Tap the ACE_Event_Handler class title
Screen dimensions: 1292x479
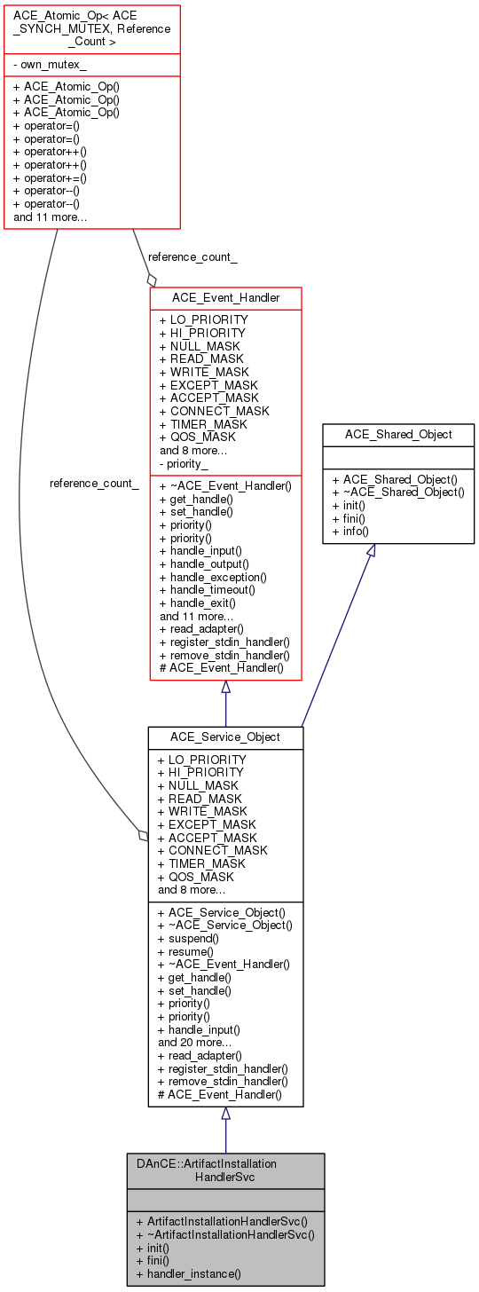pyautogui.click(x=225, y=298)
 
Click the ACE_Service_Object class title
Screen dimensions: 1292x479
pyautogui.click(x=225, y=737)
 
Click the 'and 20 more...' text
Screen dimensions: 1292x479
pyautogui.click(x=195, y=1043)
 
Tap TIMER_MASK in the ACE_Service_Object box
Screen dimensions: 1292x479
pyautogui.click(x=200, y=863)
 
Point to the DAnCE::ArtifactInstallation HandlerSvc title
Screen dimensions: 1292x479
pyautogui.click(x=225, y=1170)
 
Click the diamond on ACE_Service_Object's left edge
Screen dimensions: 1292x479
pyautogui.click(x=142, y=835)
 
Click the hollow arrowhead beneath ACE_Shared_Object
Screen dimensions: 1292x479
pyautogui.click(x=372, y=551)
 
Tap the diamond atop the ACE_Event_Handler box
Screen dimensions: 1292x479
pyautogui.click(x=152, y=280)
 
